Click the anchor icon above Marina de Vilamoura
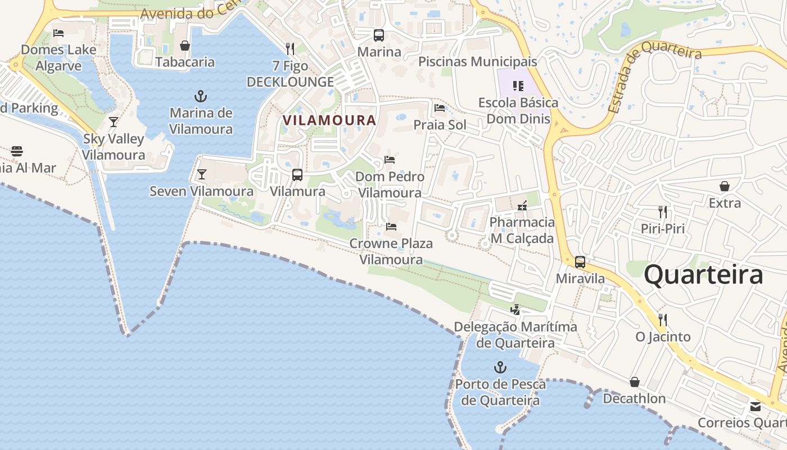click(201, 96)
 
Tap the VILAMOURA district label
click(329, 120)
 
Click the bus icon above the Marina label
click(379, 35)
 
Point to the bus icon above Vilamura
click(297, 175)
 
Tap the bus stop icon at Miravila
click(580, 262)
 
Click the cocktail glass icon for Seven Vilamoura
click(202, 174)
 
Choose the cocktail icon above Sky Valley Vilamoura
click(114, 122)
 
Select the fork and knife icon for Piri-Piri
click(663, 212)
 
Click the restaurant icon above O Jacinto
click(663, 320)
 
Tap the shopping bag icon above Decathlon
click(635, 382)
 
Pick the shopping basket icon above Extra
click(725, 186)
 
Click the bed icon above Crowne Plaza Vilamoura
click(391, 227)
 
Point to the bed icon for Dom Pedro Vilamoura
click(389, 160)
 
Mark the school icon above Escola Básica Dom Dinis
click(518, 86)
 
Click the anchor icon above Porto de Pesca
click(500, 368)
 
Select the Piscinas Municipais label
click(478, 62)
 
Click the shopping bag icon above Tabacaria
click(185, 46)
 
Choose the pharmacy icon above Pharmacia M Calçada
click(522, 206)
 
